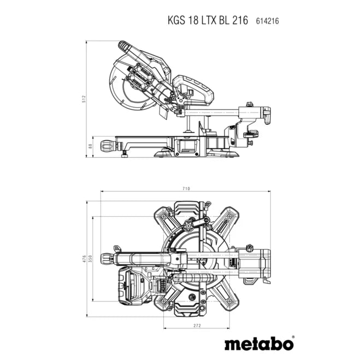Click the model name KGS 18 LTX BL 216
click(x=208, y=21)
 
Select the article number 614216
click(x=267, y=21)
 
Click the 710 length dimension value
click(x=186, y=188)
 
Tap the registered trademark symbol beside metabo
click(x=292, y=338)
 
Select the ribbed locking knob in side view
click(x=107, y=146)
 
